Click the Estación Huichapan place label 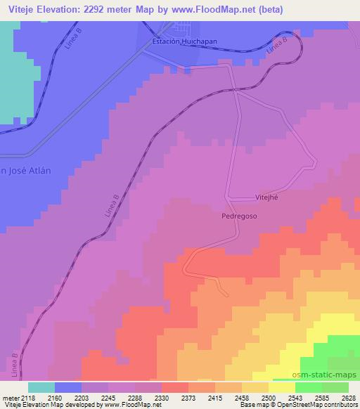pos(185,42)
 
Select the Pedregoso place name pos(238,217)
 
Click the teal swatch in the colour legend pos(41,387)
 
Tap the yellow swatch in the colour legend pos(282,387)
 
